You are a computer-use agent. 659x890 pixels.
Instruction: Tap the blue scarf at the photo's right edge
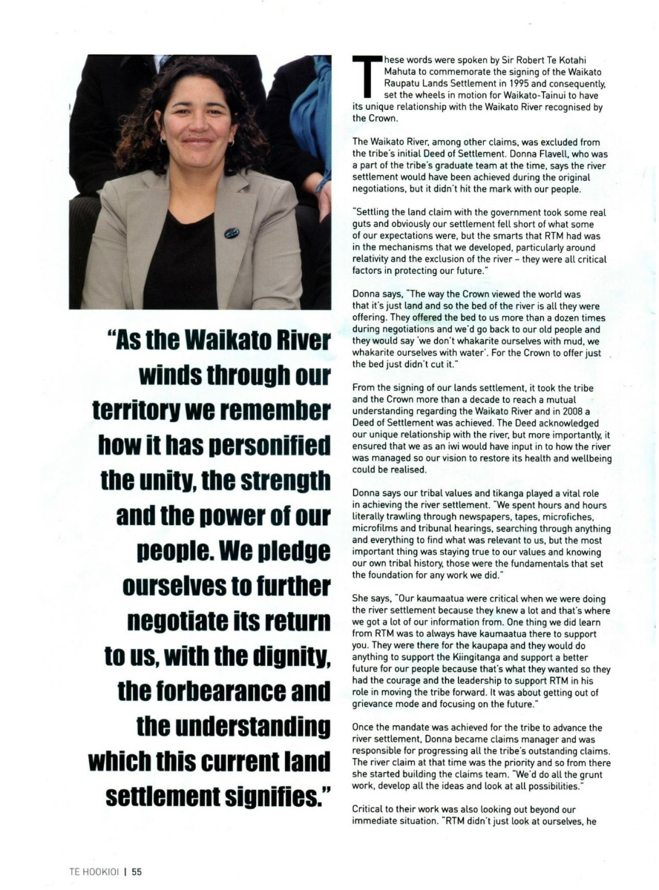312,111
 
